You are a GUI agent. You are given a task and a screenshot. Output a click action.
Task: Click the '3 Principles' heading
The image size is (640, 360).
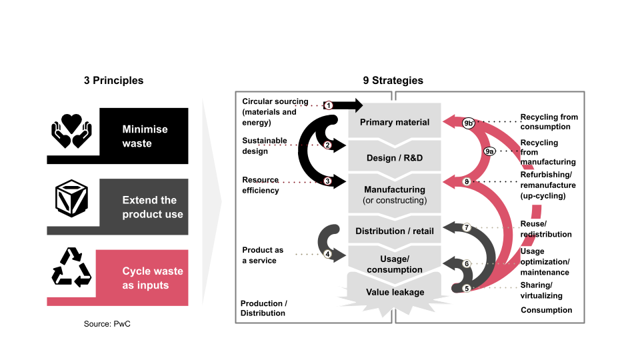click(x=113, y=81)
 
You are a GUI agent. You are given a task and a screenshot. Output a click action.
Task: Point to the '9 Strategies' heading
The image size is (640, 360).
click(x=393, y=81)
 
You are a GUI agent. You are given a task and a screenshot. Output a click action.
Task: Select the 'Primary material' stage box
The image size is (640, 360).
click(x=395, y=122)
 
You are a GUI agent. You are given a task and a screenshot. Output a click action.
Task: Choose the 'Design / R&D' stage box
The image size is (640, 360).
click(x=395, y=158)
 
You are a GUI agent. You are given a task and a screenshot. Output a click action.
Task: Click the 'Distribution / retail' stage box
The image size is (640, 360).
click(x=395, y=231)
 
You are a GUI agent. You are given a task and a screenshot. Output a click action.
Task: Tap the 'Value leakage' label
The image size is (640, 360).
click(x=395, y=293)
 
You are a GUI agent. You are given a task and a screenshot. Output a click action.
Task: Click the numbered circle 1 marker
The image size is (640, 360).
click(x=329, y=105)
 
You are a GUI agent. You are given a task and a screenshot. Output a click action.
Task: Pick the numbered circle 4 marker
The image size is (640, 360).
click(x=327, y=254)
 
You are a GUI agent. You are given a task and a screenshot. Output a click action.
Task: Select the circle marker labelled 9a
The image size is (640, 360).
click(x=489, y=151)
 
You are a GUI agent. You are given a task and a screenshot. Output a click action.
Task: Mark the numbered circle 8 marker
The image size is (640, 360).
click(x=467, y=181)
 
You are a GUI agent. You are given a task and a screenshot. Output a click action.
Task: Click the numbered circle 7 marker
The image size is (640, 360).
click(x=467, y=228)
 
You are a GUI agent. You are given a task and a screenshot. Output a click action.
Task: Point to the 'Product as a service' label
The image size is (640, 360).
click(x=263, y=255)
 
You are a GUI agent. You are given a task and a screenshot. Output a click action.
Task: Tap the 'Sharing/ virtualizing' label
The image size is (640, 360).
click(x=541, y=291)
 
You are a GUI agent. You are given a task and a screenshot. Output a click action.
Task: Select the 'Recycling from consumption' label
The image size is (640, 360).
click(x=549, y=121)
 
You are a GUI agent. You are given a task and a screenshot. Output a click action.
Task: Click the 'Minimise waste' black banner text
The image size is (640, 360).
click(x=145, y=136)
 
